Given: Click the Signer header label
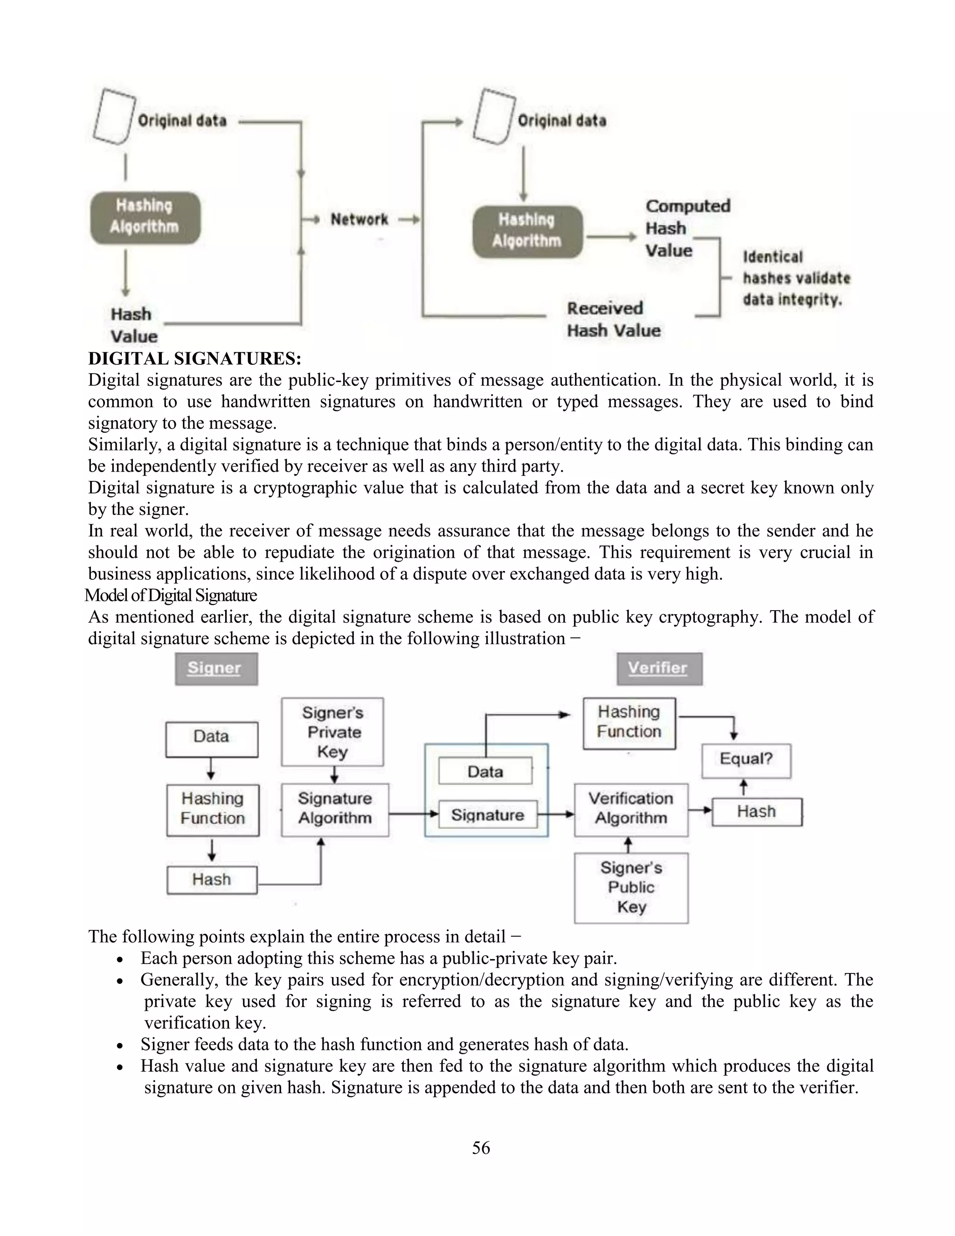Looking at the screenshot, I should pyautogui.click(x=215, y=668).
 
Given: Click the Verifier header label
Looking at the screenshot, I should pyautogui.click(x=659, y=668).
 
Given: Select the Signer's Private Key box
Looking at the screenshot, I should pyautogui.click(x=332, y=732).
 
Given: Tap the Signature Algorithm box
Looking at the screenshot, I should pyautogui.click(x=335, y=809).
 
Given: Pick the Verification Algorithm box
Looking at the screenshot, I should pyautogui.click(x=631, y=809).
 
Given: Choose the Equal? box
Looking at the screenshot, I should pyautogui.click(x=746, y=759).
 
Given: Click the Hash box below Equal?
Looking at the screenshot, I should pyautogui.click(x=756, y=812).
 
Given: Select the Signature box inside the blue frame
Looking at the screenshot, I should pyautogui.click(x=488, y=815).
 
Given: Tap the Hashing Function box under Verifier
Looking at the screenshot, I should pyautogui.click(x=629, y=722).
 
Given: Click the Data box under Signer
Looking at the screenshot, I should pyautogui.click(x=212, y=737).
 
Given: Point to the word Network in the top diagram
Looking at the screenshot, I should pyautogui.click(x=359, y=220).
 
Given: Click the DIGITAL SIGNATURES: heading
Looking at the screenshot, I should pyautogui.click(x=194, y=359).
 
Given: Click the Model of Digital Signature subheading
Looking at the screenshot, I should pyautogui.click(x=171, y=595).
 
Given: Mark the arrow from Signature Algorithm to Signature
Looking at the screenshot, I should pyautogui.click(x=413, y=814).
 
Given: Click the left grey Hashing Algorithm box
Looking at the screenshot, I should pyautogui.click(x=145, y=218).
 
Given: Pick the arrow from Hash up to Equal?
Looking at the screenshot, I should pyautogui.click(x=744, y=787).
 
